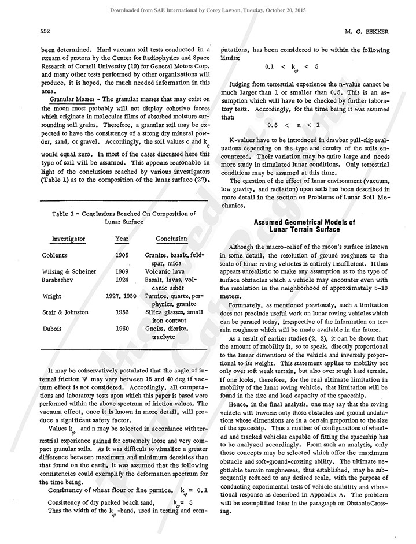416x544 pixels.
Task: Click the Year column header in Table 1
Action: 122,239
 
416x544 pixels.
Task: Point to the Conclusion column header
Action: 171,239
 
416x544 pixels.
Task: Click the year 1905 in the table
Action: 122,255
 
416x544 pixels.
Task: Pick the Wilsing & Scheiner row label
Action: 69,271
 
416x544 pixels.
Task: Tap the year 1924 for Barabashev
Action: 122,280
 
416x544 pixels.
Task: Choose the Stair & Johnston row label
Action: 65,312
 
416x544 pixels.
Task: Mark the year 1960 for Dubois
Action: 122,328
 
